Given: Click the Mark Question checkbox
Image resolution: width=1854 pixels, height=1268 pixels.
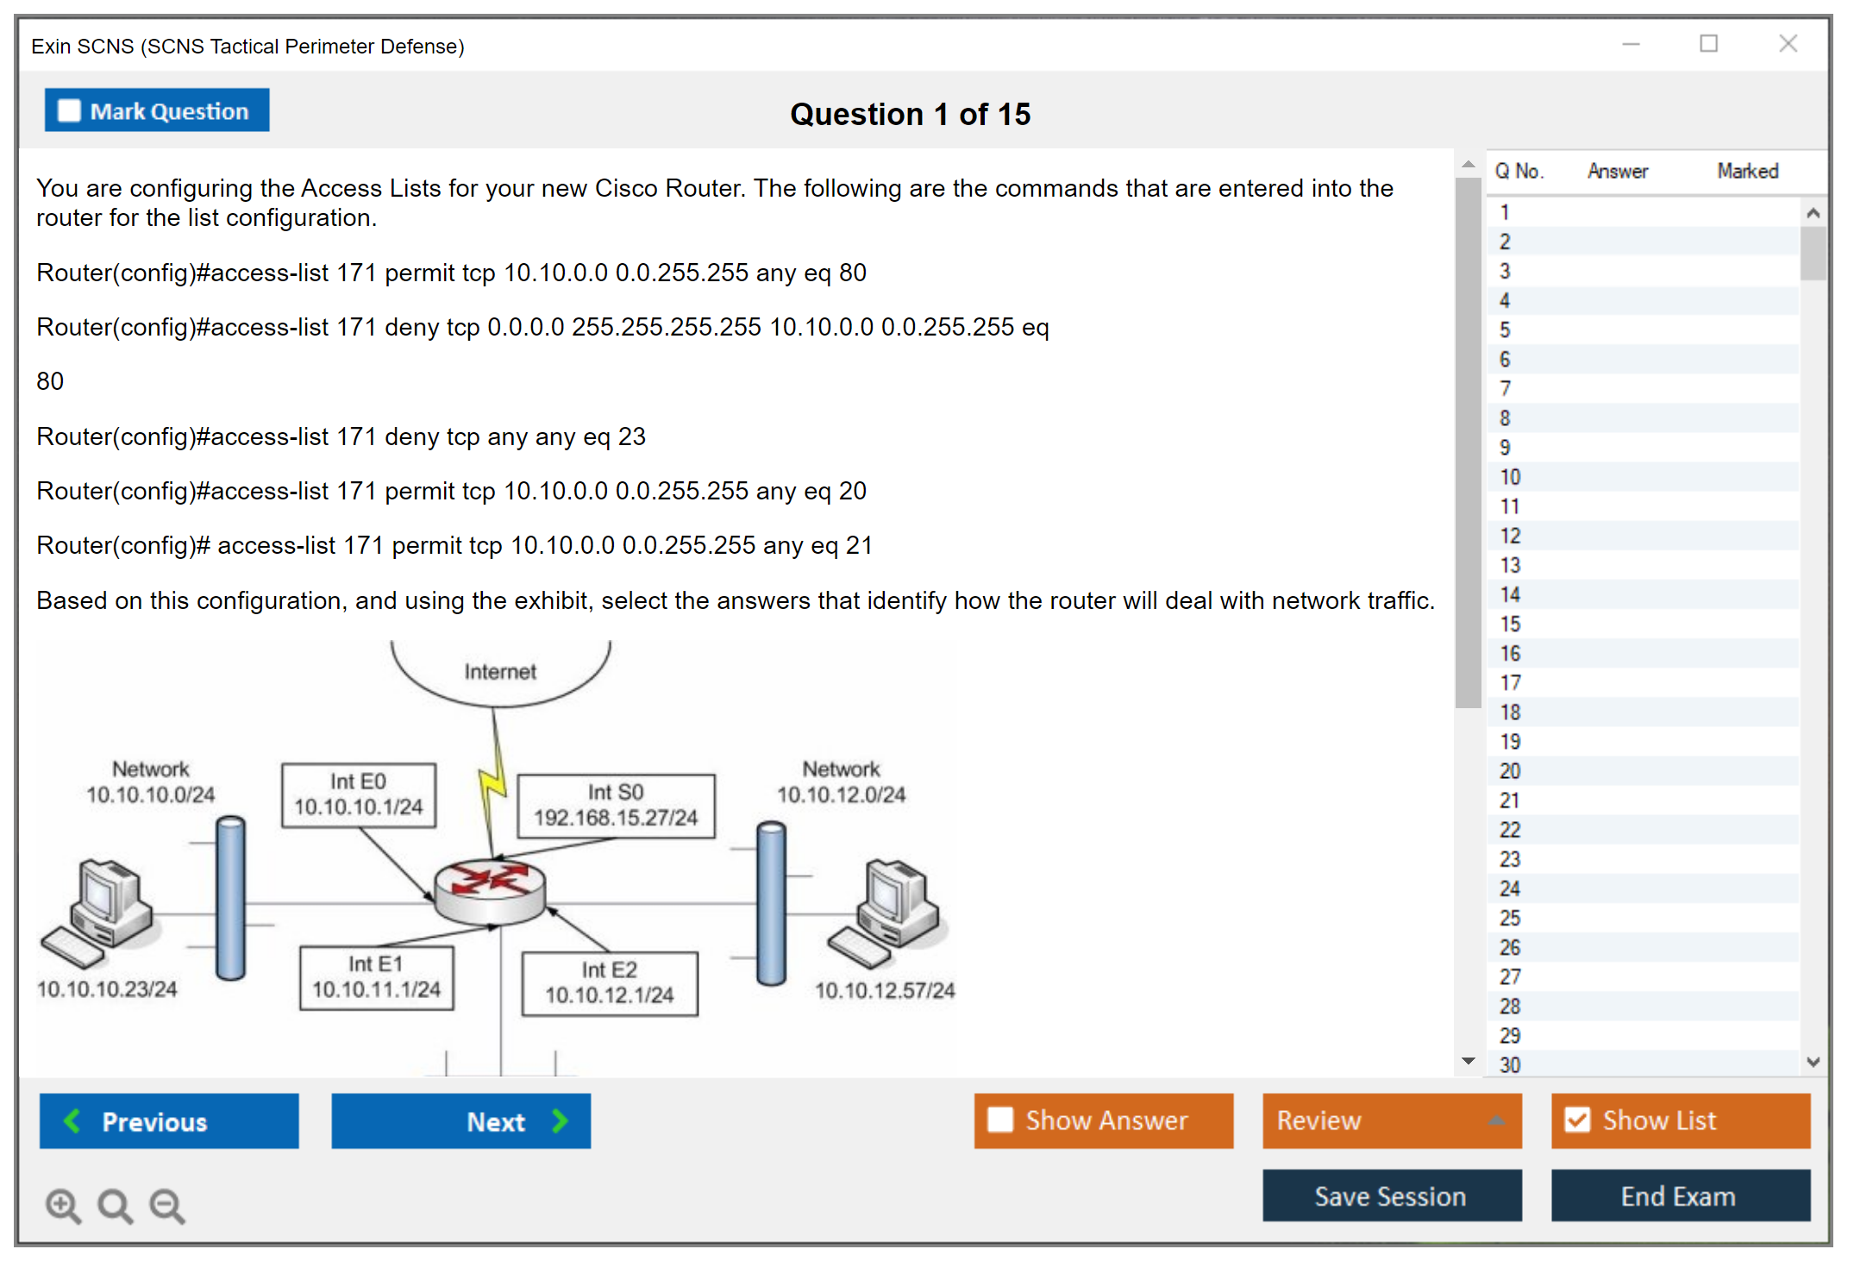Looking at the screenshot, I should (x=69, y=111).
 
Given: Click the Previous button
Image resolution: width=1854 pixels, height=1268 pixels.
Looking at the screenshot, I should (x=169, y=1121).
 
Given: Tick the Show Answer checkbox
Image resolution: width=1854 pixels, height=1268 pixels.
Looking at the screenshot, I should (x=1000, y=1120).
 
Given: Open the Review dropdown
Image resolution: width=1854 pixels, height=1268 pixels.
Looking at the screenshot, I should (x=1391, y=1120).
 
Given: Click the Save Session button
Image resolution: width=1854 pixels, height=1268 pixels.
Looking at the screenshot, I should (x=1391, y=1196).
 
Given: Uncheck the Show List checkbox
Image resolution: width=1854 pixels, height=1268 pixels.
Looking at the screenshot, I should (x=1577, y=1120).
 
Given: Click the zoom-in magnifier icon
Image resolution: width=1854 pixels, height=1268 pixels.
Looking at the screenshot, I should (x=63, y=1205).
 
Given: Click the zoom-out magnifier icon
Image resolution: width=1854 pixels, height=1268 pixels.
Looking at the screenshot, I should (x=167, y=1205).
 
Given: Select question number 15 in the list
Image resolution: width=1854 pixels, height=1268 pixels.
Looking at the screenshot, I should (x=1510, y=625).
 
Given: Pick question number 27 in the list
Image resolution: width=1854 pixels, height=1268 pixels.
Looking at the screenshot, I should (x=1510, y=977).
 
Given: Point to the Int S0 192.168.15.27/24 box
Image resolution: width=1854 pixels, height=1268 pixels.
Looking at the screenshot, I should (x=616, y=806).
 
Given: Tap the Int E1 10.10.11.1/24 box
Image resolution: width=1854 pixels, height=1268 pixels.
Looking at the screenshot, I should (x=376, y=977).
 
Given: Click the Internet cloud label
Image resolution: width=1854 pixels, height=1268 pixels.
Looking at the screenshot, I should (x=500, y=672).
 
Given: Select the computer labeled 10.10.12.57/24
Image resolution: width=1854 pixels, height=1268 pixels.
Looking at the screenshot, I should (x=888, y=910).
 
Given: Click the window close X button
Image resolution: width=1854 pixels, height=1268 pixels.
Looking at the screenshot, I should (x=1788, y=44).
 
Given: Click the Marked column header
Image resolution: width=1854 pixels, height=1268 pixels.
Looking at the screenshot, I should (x=1747, y=172).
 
